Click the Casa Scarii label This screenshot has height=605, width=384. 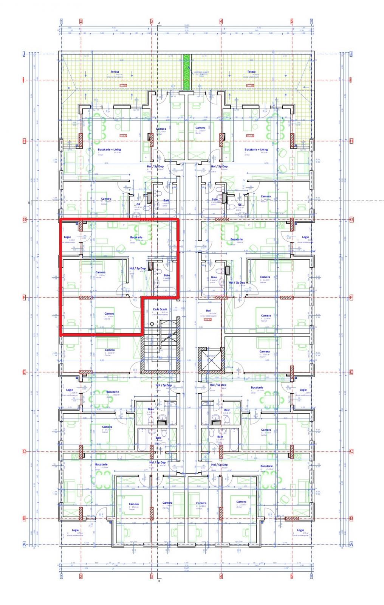point(159,309)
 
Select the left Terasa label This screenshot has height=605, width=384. point(115,71)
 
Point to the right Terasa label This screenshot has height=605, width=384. point(251,71)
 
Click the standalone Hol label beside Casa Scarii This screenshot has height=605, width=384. point(208,310)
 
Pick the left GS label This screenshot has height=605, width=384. point(138,205)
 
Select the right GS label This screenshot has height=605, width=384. point(240,205)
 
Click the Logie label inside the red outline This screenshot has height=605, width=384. point(67,237)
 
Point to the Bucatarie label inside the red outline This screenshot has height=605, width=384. point(136,237)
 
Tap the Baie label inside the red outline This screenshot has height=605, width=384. point(167,275)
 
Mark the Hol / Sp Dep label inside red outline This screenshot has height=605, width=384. point(138,268)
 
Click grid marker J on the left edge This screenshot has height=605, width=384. point(24,54)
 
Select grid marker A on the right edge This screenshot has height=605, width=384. point(351,544)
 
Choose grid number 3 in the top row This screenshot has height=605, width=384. point(152,22)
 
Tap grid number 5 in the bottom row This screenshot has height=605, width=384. point(292,576)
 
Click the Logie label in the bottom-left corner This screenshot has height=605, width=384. point(75,530)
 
